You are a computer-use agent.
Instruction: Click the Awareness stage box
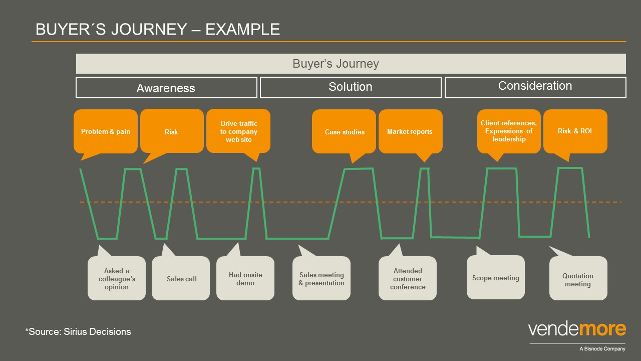tap(166, 87)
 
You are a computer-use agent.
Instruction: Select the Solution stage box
tap(351, 87)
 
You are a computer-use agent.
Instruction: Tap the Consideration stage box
tap(535, 87)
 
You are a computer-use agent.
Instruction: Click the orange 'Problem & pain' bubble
tap(106, 131)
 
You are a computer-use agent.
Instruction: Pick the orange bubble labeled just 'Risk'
tap(172, 131)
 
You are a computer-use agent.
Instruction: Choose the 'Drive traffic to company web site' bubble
tap(238, 131)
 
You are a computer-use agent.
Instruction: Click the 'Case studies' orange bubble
tap(344, 131)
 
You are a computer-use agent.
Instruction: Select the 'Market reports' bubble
tap(410, 131)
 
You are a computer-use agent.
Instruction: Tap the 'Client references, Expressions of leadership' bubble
tap(509, 131)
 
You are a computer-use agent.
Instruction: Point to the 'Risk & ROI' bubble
tap(575, 131)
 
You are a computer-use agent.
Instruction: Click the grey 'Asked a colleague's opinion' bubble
tap(117, 278)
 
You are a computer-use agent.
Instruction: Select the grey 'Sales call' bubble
tap(181, 278)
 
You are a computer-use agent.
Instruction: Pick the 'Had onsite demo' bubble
tap(245, 278)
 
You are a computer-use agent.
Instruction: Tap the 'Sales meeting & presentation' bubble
tap(322, 278)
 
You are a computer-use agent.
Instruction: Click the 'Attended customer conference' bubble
tap(408, 278)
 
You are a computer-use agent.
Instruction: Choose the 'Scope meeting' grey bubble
tap(496, 277)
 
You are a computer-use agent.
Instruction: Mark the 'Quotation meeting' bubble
tap(578, 278)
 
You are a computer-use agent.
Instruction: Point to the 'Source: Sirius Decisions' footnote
tap(78, 331)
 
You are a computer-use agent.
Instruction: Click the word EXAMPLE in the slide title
tap(243, 29)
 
